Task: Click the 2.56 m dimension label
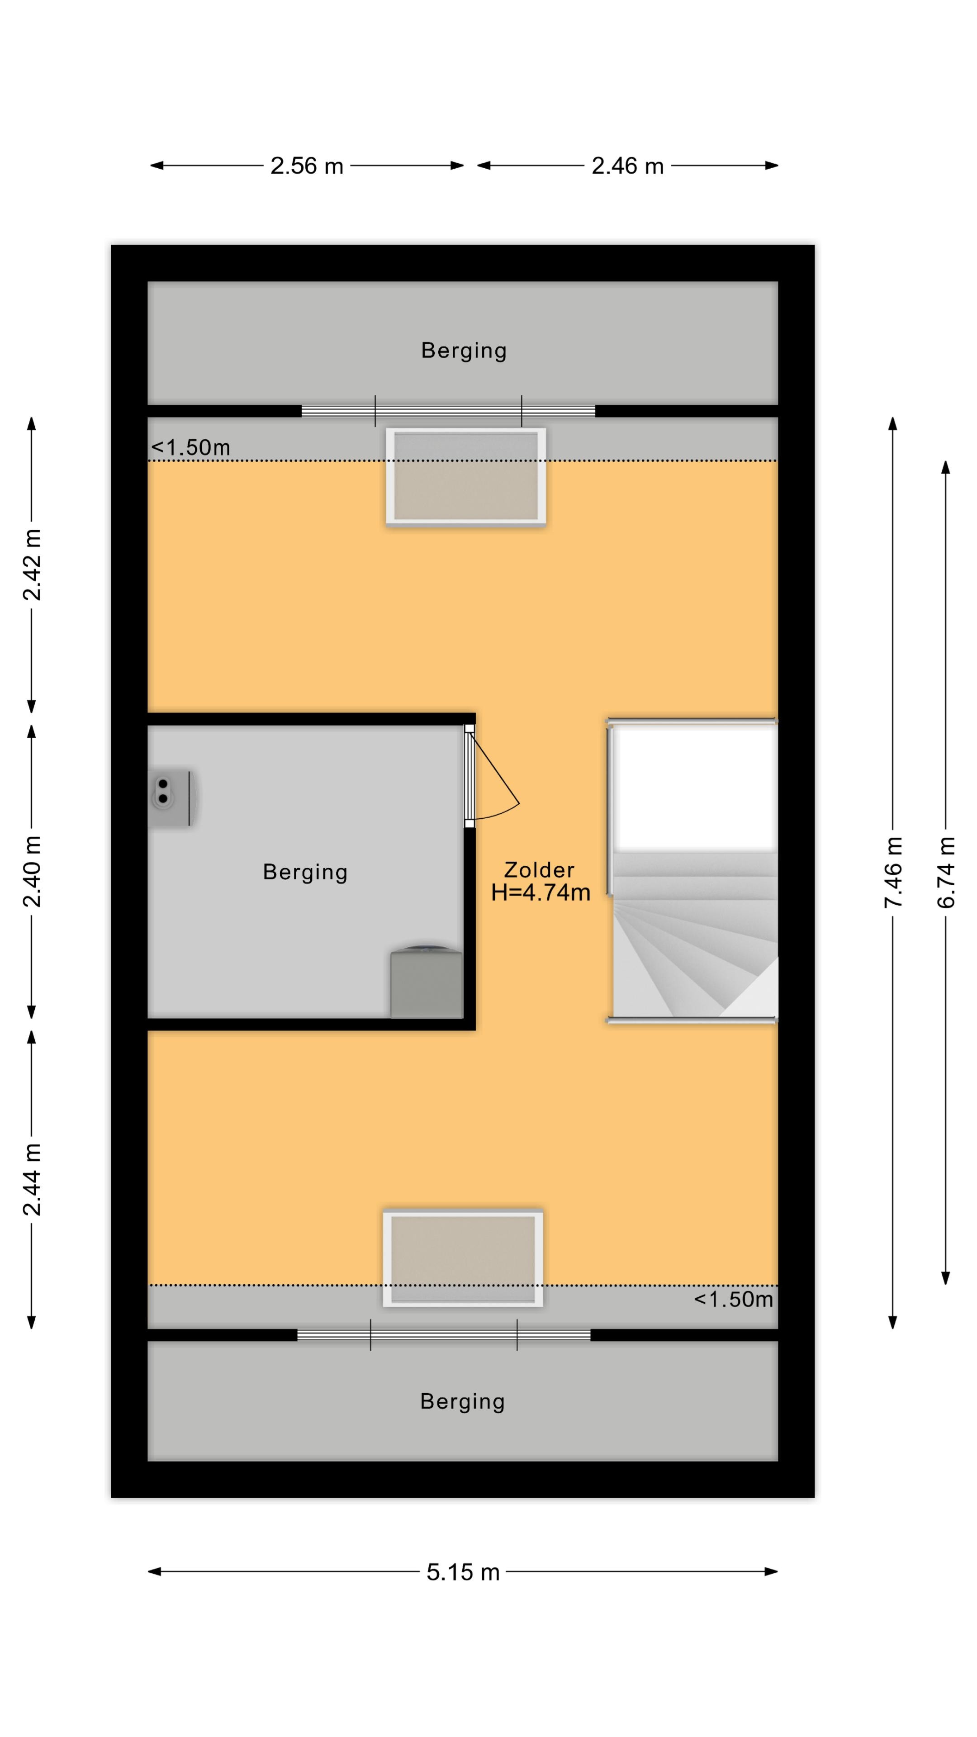307,166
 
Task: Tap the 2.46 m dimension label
628,166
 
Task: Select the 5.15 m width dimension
463,1572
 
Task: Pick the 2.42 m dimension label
32,565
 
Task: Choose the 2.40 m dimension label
32,871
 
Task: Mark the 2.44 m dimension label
32,1179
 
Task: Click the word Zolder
540,870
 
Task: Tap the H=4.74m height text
541,893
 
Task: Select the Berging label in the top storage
464,351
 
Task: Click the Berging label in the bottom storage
463,1402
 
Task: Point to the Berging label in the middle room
305,873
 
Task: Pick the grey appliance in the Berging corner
427,982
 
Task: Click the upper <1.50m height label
191,448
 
